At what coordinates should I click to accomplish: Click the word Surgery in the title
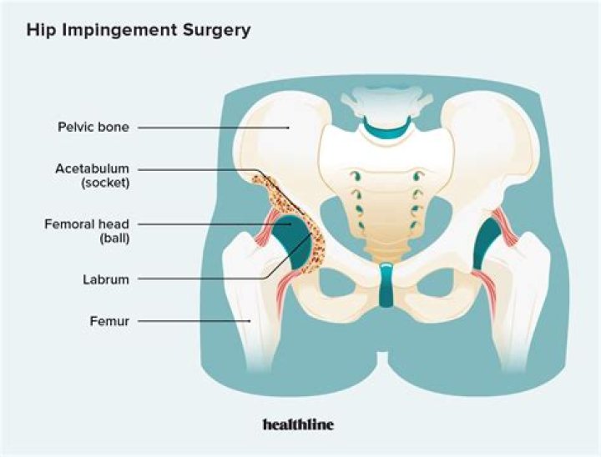point(217,30)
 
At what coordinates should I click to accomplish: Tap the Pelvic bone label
point(93,127)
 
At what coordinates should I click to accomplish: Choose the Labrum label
point(106,279)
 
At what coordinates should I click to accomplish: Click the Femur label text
point(109,320)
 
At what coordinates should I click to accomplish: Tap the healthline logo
point(298,424)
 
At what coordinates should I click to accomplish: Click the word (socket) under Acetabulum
point(105,183)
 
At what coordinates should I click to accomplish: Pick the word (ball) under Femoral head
point(114,239)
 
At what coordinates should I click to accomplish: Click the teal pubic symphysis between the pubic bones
point(386,284)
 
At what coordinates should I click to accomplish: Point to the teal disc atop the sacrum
point(386,129)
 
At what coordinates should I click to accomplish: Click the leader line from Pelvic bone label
point(213,128)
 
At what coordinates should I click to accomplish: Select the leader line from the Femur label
point(194,321)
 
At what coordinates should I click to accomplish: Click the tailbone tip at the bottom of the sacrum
point(386,256)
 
